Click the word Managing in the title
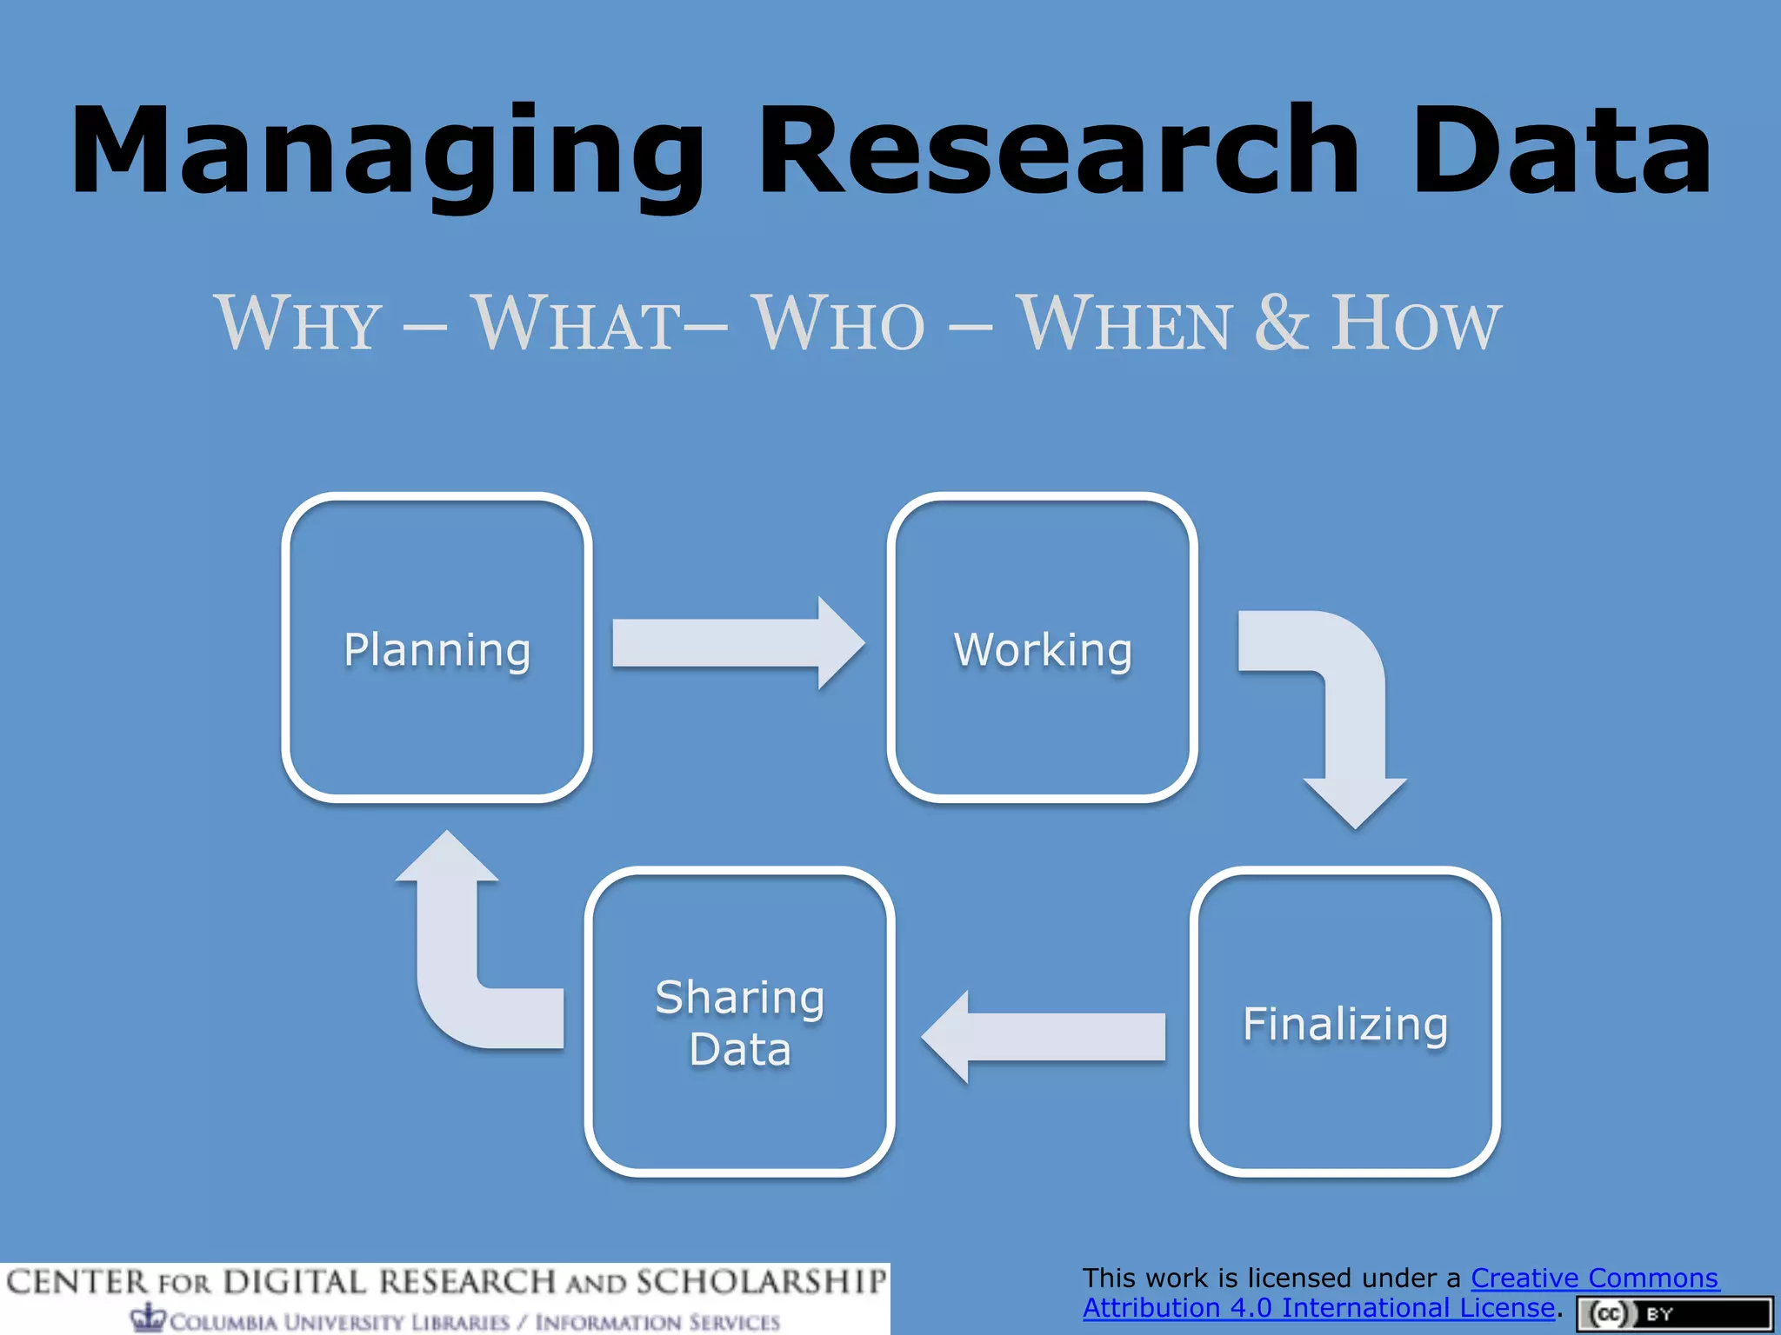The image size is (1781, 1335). (x=387, y=152)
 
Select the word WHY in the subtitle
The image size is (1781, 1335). (x=298, y=323)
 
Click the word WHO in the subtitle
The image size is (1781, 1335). (x=839, y=323)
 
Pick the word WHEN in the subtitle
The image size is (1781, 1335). (x=1125, y=323)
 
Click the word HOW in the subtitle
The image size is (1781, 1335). (x=1416, y=323)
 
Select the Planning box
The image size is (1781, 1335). (x=437, y=648)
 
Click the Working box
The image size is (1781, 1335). (x=1042, y=648)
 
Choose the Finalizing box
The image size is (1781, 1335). (x=1344, y=1022)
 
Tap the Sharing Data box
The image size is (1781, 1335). (x=739, y=1022)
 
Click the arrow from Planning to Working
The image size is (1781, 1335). (x=735, y=643)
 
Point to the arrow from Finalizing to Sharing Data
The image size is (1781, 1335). (x=1044, y=1036)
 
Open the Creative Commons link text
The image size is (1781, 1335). (x=1593, y=1278)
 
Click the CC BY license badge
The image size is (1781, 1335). (x=1674, y=1313)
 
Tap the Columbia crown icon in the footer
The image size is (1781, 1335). (x=149, y=1317)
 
